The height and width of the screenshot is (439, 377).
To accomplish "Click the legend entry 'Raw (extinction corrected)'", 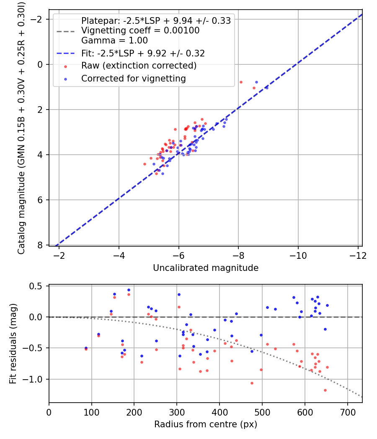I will (x=139, y=66).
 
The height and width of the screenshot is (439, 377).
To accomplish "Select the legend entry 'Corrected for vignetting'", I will (x=134, y=78).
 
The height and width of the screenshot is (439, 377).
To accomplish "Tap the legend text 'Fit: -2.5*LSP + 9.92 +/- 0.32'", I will (x=143, y=54).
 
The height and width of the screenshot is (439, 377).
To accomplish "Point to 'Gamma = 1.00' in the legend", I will (x=114, y=41).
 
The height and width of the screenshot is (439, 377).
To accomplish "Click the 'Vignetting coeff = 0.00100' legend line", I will (x=140, y=31).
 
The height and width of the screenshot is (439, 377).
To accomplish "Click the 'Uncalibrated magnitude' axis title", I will (x=206, y=268).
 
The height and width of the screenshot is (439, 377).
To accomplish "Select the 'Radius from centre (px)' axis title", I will (x=206, y=424).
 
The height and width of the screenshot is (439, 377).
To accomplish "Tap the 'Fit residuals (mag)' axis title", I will (x=13, y=344).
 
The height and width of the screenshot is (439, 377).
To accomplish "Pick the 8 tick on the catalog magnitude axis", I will (x=41, y=245).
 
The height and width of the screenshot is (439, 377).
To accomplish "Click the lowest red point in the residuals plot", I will (x=325, y=390).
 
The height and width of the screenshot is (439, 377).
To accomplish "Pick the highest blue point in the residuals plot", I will (x=129, y=290).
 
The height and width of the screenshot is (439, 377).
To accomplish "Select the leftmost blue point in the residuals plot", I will (x=86, y=348).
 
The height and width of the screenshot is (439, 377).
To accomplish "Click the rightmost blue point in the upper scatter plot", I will (x=267, y=88).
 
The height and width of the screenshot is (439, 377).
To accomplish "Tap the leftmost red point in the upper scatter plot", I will (x=145, y=164).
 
